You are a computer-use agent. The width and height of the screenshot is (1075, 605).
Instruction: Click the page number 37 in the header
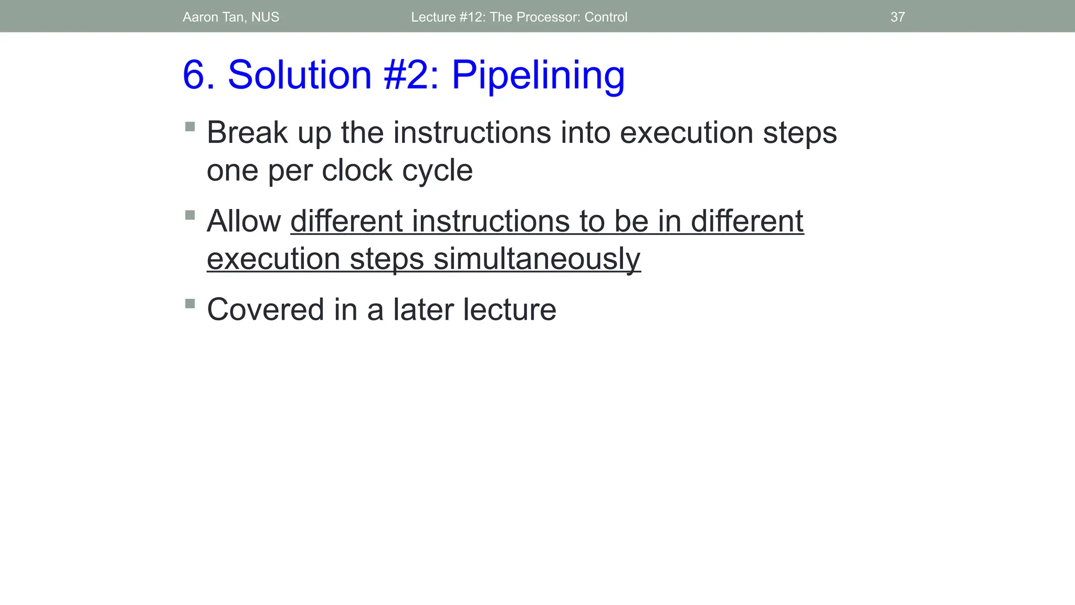[x=898, y=17]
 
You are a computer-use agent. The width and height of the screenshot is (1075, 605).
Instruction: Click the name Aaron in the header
[x=201, y=17]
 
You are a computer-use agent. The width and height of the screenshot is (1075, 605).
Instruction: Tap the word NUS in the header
[x=265, y=17]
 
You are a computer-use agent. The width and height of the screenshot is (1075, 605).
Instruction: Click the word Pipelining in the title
[x=538, y=75]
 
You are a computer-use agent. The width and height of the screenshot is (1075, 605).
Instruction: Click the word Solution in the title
[x=299, y=75]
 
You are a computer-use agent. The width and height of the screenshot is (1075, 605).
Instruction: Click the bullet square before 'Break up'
[x=190, y=127]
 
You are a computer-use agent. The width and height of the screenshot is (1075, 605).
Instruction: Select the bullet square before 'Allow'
[x=190, y=215]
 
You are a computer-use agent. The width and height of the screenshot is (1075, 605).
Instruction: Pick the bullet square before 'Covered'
[x=190, y=304]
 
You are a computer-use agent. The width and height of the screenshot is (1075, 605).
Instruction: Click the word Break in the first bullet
[x=247, y=132]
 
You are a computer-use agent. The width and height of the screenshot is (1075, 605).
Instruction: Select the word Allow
[x=244, y=221]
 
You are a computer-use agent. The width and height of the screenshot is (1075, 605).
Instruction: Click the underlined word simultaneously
[x=536, y=259]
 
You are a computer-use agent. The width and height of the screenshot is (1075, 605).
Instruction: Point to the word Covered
[x=265, y=309]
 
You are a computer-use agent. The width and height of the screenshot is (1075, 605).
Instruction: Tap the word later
[x=423, y=309]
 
